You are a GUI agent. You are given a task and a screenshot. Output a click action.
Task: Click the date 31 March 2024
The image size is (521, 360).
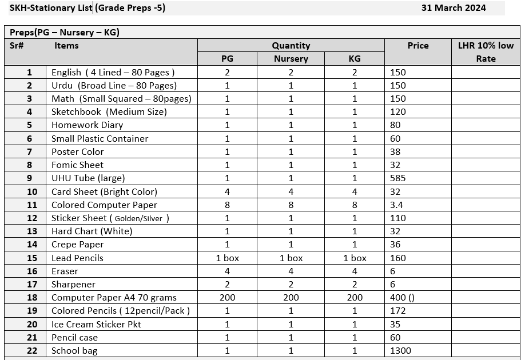click(x=454, y=8)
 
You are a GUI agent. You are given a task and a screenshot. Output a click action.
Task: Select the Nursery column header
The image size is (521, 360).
click(x=291, y=58)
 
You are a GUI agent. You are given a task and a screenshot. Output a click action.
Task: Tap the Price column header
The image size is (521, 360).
click(x=417, y=46)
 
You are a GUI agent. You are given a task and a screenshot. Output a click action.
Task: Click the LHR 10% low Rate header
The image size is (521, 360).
click(x=486, y=52)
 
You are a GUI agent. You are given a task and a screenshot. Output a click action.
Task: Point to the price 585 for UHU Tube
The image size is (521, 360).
click(x=398, y=178)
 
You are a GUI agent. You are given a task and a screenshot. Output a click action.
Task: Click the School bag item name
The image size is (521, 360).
click(x=74, y=351)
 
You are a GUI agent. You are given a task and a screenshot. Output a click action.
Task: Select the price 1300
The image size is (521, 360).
click(x=400, y=351)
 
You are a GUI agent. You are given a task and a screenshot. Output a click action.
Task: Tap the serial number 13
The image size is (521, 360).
click(x=32, y=231)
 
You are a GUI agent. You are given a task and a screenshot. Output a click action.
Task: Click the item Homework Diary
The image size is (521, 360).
click(x=87, y=125)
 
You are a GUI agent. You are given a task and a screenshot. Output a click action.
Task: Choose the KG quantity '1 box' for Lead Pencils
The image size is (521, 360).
click(x=355, y=258)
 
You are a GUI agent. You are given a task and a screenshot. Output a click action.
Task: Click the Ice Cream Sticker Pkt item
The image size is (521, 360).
click(x=96, y=324)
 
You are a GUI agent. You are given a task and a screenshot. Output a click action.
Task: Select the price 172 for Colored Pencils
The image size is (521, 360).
click(x=398, y=311)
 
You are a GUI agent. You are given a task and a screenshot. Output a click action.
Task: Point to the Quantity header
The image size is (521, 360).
click(x=291, y=46)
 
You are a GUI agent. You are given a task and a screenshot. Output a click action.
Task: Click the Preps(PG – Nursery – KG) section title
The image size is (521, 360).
click(x=64, y=33)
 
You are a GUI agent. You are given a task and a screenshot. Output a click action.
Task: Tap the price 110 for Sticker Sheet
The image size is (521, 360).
click(x=398, y=218)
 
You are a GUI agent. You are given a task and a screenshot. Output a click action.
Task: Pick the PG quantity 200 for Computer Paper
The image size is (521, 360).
click(x=227, y=298)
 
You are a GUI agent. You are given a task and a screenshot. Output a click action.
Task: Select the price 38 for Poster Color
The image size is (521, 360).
click(x=395, y=152)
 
